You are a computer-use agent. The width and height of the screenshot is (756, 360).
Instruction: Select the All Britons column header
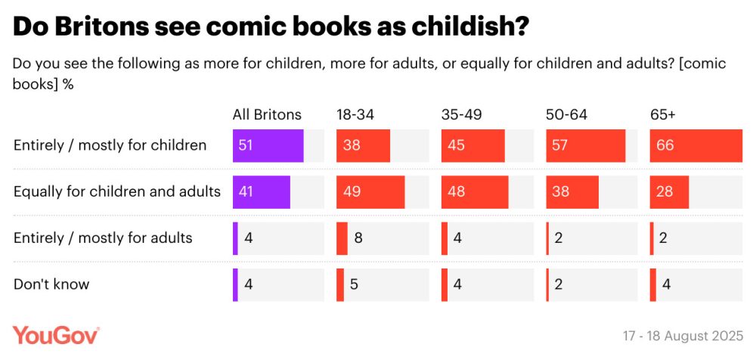267,115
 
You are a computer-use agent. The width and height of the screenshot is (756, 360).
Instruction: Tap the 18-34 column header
355,115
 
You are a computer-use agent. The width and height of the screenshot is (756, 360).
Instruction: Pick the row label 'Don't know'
51,284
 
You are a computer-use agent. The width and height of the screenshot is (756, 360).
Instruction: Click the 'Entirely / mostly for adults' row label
103,238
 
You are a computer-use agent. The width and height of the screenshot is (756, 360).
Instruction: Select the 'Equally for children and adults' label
117,191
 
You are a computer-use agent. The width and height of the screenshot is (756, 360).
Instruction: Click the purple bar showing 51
268,145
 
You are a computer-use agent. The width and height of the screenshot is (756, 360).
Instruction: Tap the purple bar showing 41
262,192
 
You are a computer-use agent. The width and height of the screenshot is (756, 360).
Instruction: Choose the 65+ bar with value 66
696,145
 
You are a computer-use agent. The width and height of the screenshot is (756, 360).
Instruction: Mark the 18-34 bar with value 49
370,192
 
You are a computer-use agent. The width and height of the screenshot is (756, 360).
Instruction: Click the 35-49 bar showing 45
472,145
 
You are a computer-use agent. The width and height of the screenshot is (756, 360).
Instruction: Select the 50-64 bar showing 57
586,145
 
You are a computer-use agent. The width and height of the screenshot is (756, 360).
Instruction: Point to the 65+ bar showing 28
669,192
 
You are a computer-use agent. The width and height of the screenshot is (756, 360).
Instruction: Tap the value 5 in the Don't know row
352,285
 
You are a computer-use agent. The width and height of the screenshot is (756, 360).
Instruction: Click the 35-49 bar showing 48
475,192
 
